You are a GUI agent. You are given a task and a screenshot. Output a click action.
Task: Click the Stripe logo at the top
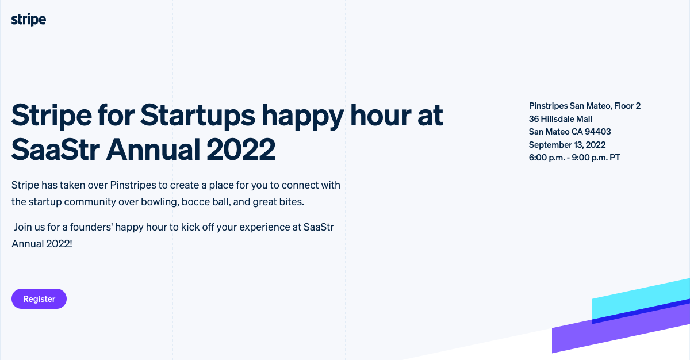(29, 20)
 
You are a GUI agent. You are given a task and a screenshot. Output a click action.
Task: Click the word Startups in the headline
(197, 116)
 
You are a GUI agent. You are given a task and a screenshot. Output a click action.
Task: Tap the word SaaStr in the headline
(55, 150)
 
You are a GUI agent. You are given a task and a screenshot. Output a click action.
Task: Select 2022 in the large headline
(241, 150)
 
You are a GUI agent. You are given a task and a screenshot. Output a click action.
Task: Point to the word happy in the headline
(302, 116)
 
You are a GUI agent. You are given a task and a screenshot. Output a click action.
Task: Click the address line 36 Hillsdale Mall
(560, 119)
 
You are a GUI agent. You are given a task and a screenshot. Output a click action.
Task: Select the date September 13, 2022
(567, 145)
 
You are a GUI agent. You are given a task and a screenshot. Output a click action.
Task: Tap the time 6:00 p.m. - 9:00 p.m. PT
(574, 158)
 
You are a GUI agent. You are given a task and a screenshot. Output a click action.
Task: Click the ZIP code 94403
(597, 132)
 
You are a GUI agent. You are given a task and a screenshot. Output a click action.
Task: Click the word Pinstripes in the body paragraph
(133, 185)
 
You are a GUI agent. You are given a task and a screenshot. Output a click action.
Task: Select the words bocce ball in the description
(206, 202)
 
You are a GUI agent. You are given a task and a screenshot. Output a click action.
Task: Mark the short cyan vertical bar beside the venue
(518, 106)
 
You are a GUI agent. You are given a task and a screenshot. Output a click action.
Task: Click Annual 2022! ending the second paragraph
(42, 244)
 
